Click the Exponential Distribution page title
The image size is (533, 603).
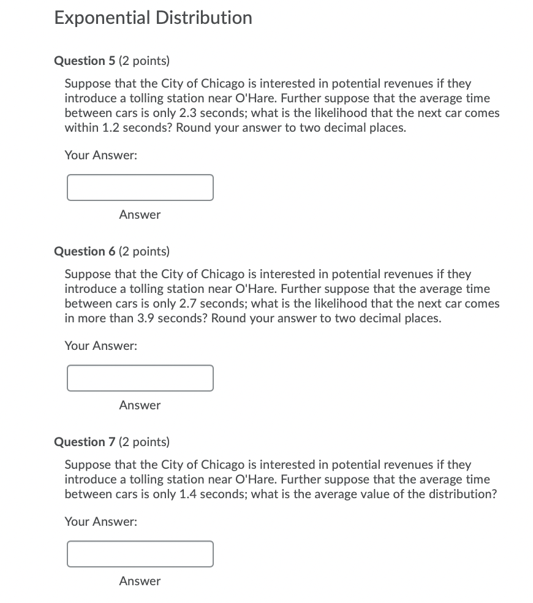[153, 18]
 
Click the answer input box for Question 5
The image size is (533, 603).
[140, 188]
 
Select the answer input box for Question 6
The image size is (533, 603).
[140, 378]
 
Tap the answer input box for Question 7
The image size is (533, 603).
[140, 554]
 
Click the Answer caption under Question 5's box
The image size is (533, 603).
[140, 214]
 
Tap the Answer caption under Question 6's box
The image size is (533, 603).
[140, 405]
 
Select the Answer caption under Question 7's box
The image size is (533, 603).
[140, 581]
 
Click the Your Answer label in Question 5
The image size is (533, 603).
[101, 156]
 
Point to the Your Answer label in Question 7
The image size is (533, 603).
[101, 522]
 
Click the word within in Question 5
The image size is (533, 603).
[80, 128]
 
